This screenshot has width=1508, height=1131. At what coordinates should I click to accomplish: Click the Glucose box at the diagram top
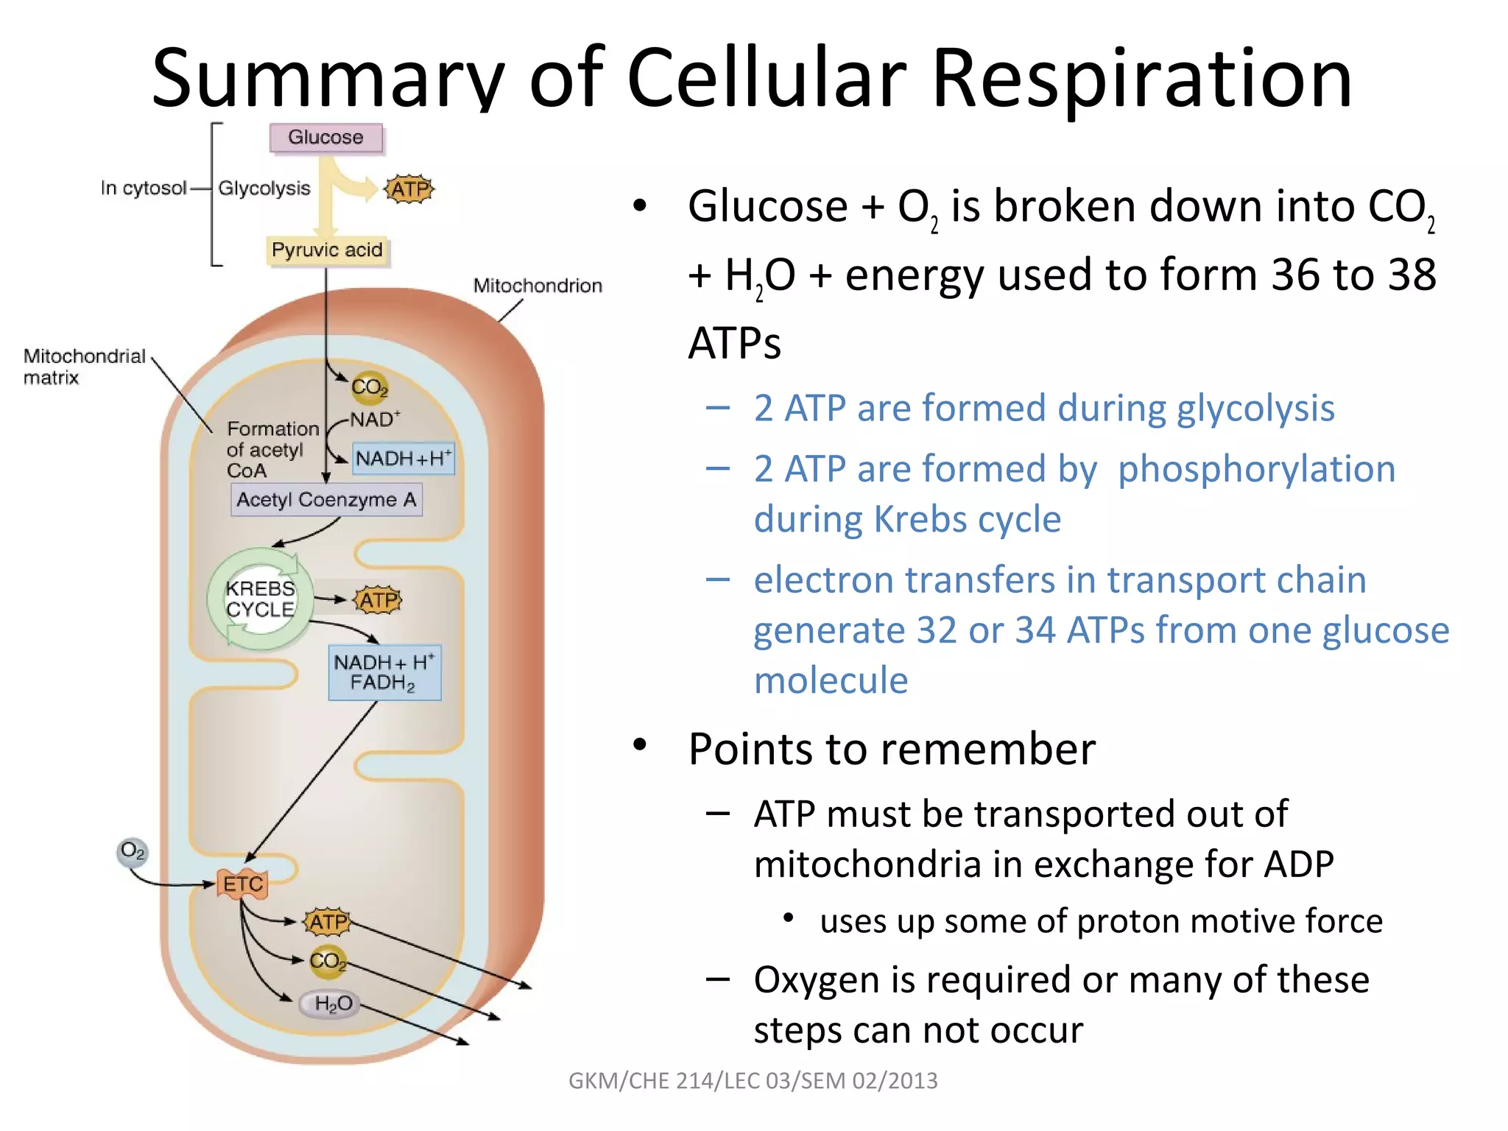click(x=325, y=138)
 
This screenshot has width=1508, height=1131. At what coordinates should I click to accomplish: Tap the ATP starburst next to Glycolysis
click(x=409, y=190)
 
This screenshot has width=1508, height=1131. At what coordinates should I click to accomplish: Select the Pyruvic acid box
click(x=327, y=250)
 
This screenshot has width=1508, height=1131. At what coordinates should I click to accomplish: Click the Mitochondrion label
click(x=538, y=286)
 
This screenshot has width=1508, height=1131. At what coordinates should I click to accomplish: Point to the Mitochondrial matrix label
click(x=84, y=367)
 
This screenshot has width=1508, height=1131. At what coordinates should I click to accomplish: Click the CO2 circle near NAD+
click(x=369, y=387)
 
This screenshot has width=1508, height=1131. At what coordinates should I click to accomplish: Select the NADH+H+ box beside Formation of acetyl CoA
click(x=403, y=459)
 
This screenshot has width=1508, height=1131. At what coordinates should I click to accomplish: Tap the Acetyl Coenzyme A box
click(x=326, y=500)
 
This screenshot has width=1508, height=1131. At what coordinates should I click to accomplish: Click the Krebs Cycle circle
click(x=260, y=599)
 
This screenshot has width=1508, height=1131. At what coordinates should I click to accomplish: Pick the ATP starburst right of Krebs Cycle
click(x=378, y=600)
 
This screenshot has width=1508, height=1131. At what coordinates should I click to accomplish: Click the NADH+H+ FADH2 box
click(x=384, y=672)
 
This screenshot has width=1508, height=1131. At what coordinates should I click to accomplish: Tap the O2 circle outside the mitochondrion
click(x=133, y=851)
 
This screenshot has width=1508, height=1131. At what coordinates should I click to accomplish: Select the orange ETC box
click(x=242, y=884)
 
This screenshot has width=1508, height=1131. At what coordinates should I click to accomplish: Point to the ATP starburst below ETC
click(x=328, y=922)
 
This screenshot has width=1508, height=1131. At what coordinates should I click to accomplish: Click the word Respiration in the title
click(x=1142, y=77)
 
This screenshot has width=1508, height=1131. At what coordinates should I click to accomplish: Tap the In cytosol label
click(x=144, y=188)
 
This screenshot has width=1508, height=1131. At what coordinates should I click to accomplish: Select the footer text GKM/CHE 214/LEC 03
click(x=753, y=1080)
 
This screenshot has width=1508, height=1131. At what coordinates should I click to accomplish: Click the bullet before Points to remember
click(x=640, y=746)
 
